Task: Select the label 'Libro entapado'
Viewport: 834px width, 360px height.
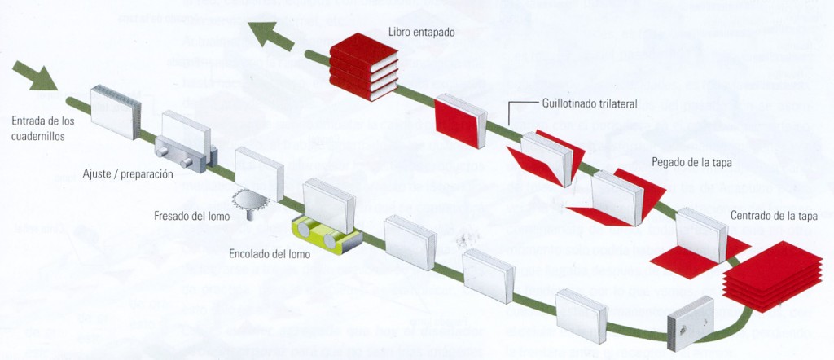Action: tap(421, 33)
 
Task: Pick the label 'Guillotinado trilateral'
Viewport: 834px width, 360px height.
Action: tap(589, 103)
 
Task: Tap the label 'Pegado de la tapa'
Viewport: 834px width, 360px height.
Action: tap(691, 162)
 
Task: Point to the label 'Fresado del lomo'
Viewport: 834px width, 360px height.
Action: tap(191, 216)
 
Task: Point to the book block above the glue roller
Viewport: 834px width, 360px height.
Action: tap(328, 204)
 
